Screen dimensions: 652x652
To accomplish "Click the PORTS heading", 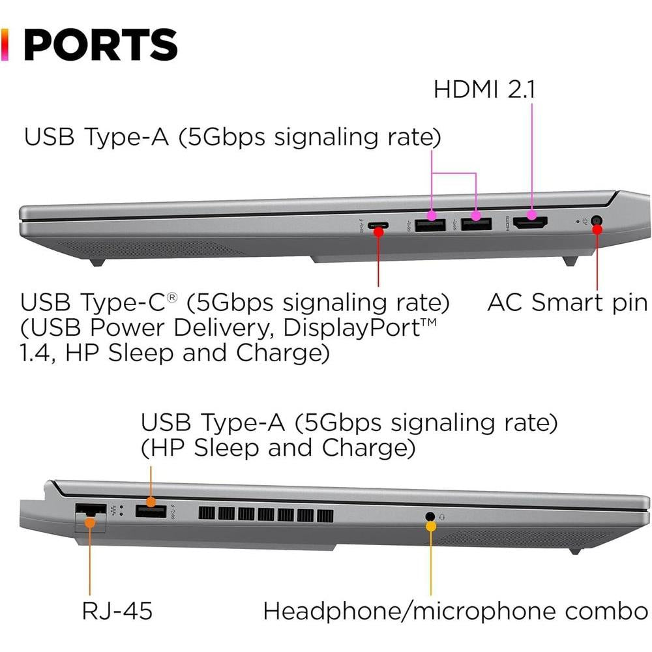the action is pos(100,45).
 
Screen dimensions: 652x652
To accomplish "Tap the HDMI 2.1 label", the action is pos(484,89).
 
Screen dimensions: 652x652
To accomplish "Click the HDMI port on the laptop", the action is pos(530,223).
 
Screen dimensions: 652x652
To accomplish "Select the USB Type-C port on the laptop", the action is pos(378,226).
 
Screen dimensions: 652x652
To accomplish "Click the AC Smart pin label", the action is pos(567,302).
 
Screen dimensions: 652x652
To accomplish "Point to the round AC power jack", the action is pos(597,220).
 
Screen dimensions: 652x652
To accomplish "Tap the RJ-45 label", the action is pos(117,610).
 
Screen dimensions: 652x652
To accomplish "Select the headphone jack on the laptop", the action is pos(430,517).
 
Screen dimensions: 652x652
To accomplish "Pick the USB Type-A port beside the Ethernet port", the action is pos(151,511).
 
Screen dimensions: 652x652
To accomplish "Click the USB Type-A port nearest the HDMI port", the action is pos(477,224).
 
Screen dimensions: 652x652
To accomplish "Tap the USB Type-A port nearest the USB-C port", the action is pos(430,224).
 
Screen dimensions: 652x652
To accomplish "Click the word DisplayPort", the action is pos(351,328).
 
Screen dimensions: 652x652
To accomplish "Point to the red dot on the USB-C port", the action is pos(378,232).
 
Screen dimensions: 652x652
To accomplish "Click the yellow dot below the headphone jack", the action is pos(431,526).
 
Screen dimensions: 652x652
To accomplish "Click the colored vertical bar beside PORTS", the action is pos(5,45).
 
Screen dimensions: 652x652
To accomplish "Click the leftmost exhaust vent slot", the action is pos(207,514).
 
